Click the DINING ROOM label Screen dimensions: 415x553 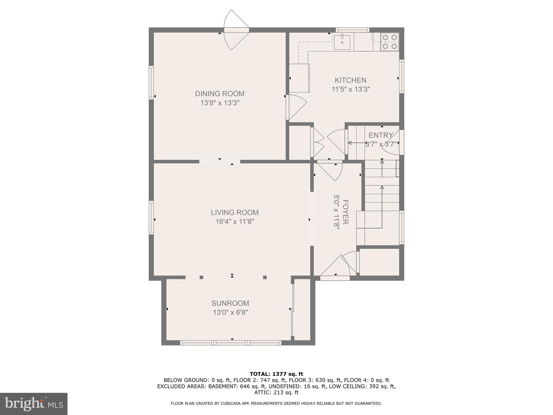220,94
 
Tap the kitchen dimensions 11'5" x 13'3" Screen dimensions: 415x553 350,89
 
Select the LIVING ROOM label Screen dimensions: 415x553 234,212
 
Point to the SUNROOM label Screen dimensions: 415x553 230,303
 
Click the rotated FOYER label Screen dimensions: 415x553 345,212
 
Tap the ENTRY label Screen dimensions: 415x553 381,135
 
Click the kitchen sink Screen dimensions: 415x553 342,42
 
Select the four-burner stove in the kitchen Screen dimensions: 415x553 390,42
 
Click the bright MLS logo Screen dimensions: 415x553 33,404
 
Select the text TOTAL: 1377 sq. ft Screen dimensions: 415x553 276,374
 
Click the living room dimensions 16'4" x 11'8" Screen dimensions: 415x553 234,222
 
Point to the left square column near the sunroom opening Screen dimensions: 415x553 201,277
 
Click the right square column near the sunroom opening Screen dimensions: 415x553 265,277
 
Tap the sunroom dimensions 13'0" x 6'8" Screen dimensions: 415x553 230,312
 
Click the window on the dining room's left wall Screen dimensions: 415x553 151,82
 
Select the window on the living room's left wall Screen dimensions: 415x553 151,217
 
